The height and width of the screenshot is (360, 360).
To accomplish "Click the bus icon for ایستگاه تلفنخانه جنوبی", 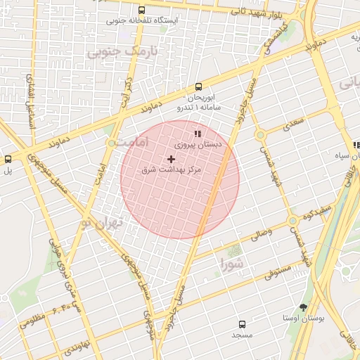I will (143, 10).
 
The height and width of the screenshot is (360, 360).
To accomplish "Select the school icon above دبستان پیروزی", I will (198, 133).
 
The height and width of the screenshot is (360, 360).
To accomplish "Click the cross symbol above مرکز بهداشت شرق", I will (171, 160).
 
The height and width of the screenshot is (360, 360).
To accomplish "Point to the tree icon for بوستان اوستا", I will (303, 307).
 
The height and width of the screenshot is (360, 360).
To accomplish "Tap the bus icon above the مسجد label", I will (243, 325).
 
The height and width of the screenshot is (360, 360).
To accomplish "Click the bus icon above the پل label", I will (8, 159).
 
